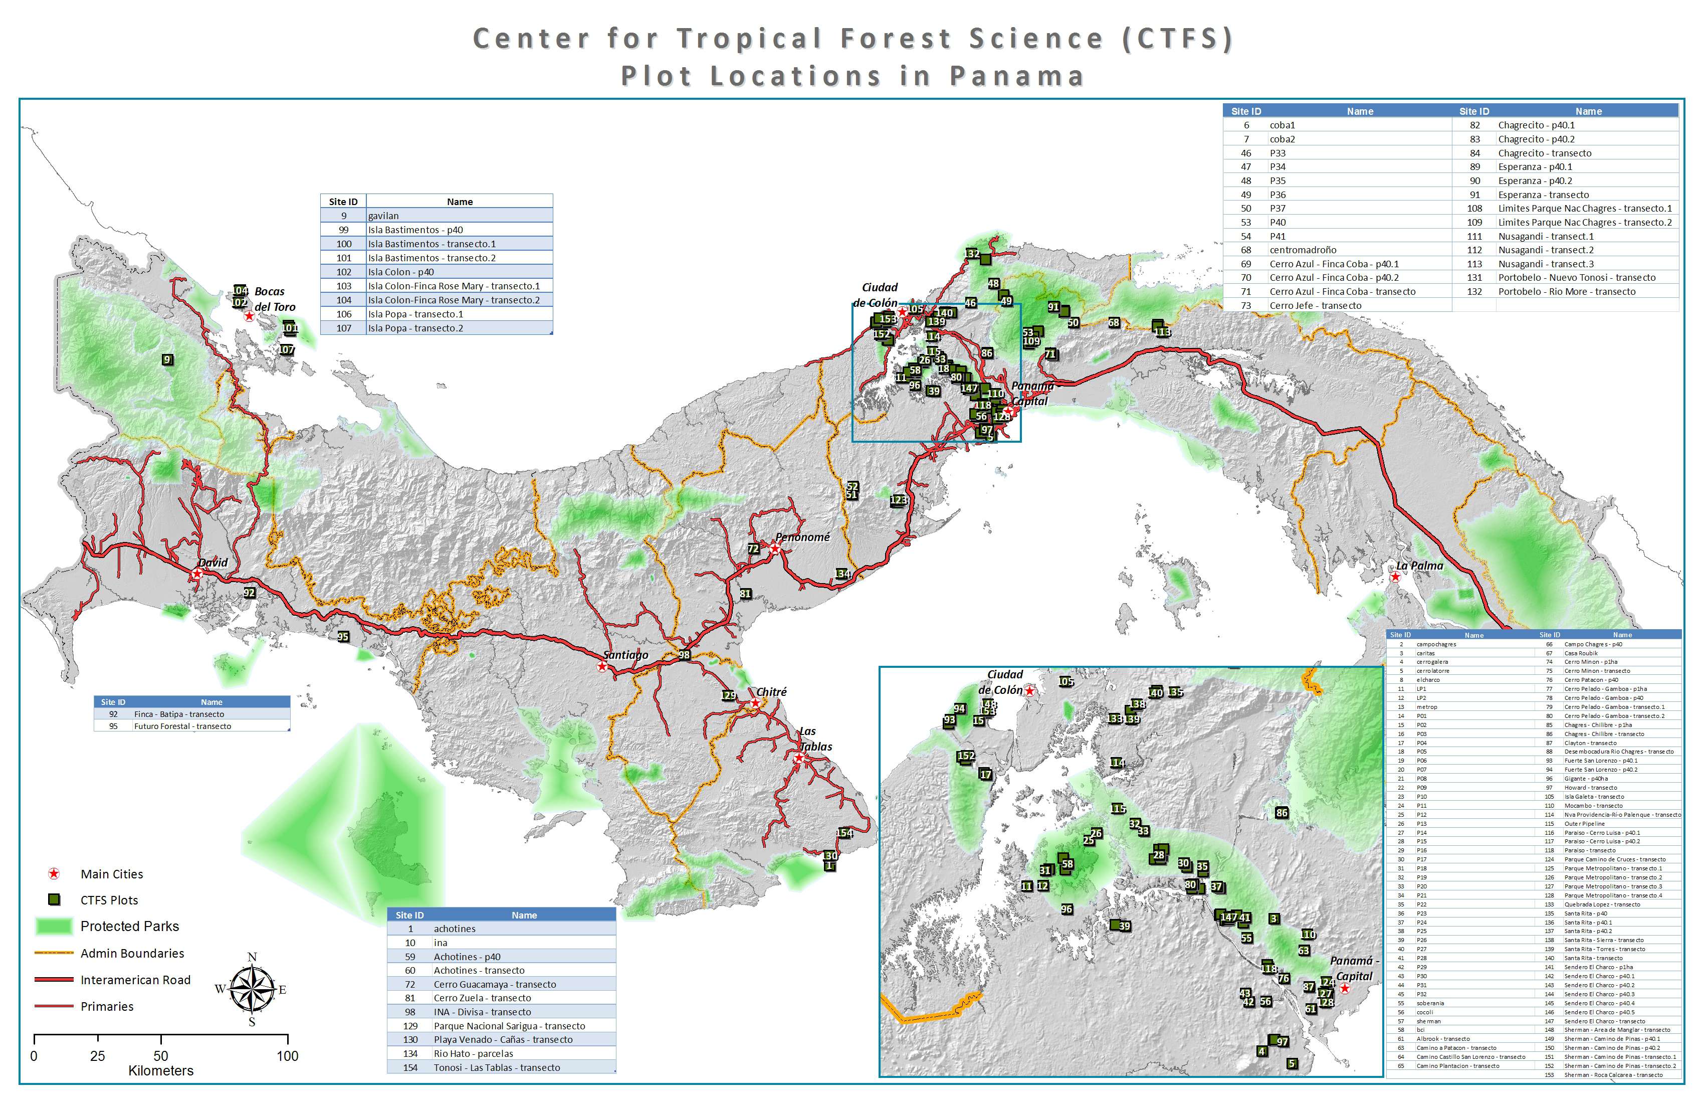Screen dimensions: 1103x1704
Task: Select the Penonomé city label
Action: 802,537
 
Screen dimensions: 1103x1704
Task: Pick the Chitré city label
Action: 771,692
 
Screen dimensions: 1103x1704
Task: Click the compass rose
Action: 252,990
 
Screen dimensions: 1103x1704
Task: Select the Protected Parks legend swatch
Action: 54,926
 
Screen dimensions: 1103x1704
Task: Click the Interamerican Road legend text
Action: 135,980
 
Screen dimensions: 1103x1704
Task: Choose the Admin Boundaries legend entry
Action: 132,953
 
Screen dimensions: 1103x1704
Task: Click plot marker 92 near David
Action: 249,593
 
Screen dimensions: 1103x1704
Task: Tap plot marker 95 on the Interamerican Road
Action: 343,636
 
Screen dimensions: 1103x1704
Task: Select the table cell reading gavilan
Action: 384,216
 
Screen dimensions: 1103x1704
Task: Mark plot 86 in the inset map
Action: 1282,813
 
